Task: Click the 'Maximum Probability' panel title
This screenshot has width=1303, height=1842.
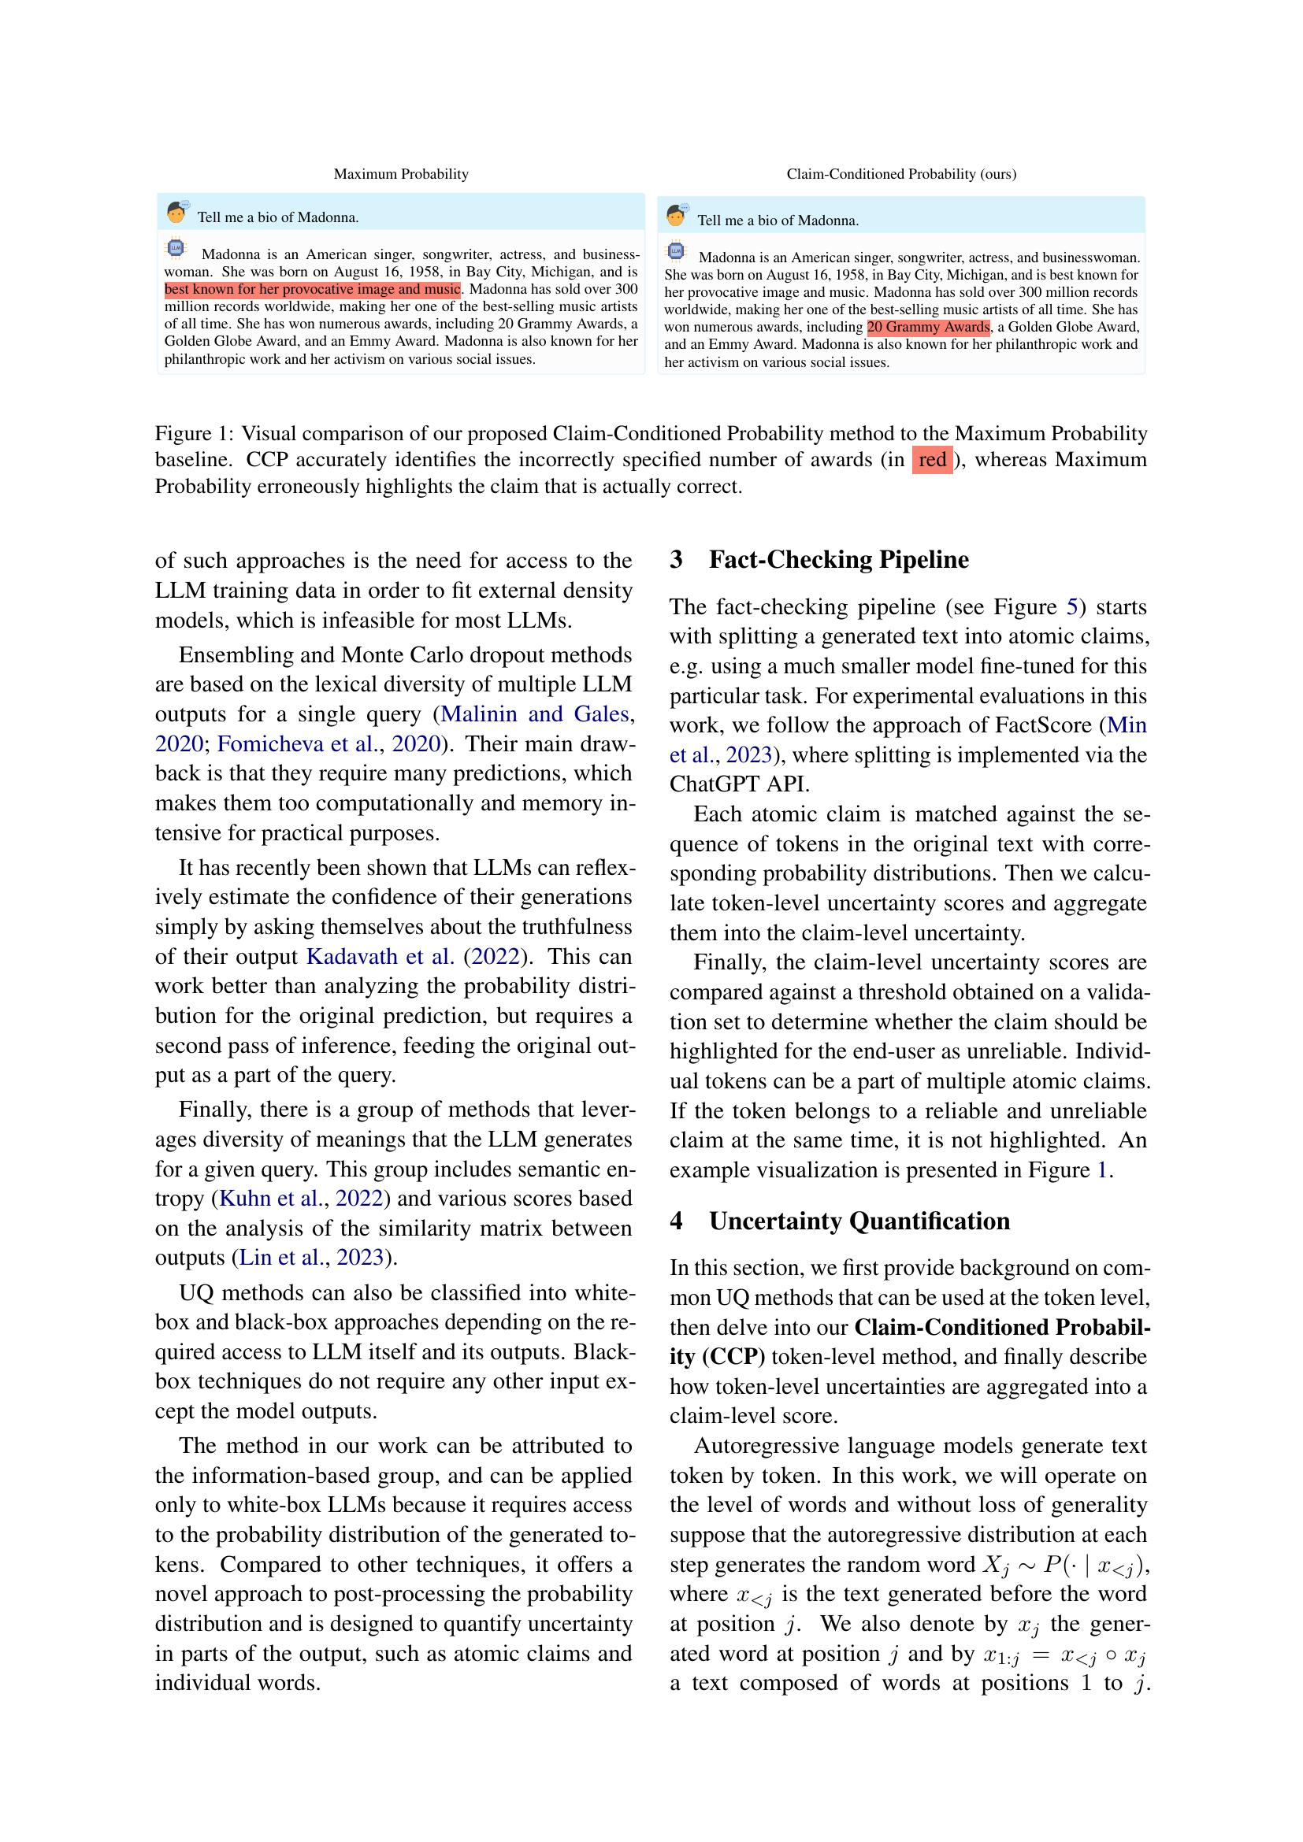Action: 400,174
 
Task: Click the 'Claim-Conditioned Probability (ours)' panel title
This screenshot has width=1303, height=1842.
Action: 901,174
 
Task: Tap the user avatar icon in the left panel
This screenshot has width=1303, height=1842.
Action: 176,213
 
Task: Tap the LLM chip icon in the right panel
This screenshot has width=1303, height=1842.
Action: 676,252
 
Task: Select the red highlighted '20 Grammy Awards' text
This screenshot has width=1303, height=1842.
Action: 927,328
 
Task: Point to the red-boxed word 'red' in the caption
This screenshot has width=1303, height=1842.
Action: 931,461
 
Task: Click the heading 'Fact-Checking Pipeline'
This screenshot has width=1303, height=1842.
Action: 838,560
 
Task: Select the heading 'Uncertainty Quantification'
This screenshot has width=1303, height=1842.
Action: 859,1221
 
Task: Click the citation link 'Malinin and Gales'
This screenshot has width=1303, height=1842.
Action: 534,714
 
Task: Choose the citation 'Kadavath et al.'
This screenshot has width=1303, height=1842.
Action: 381,956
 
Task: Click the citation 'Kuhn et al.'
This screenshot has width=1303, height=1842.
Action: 271,1199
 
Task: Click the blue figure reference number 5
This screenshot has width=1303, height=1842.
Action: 1072,607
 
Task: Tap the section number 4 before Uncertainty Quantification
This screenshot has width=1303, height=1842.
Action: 677,1221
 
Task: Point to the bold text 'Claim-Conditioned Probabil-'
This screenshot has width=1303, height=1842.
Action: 1002,1327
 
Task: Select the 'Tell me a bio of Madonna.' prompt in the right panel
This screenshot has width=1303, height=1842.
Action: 778,221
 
